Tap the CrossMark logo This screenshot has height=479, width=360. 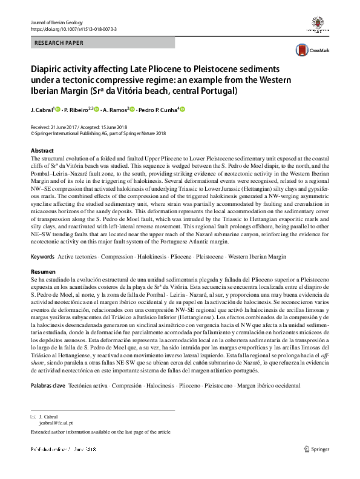pyautogui.click(x=310, y=51)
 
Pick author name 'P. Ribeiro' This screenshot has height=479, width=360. pyautogui.click(x=75, y=110)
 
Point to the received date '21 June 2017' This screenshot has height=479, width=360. pyautogui.click(x=67, y=127)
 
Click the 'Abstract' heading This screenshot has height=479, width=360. pyautogui.click(x=42, y=150)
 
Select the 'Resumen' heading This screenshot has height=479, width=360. pyautogui.click(x=42, y=272)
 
